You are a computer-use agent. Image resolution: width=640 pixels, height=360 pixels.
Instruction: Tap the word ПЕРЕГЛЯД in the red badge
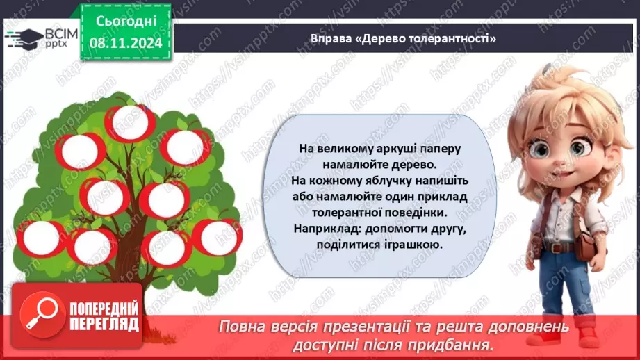pos(104,324)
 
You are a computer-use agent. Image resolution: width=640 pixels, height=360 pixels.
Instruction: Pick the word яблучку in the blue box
pos(374,181)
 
